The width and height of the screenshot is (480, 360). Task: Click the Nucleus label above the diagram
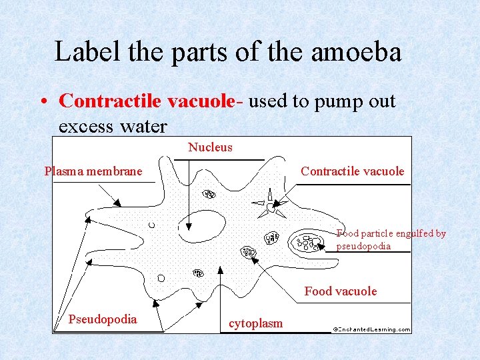(x=210, y=147)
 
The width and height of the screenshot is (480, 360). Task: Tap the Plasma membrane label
(x=93, y=171)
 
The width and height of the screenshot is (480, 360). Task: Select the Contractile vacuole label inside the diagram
(x=352, y=171)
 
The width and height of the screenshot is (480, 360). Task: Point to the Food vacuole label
(x=340, y=291)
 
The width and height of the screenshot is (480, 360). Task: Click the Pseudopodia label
(x=102, y=319)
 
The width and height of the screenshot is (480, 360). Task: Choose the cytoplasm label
(x=255, y=324)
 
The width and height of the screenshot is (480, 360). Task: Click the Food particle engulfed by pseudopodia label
(x=391, y=240)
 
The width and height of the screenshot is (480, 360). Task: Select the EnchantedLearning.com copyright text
(x=371, y=329)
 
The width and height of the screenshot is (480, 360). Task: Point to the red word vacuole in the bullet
(x=201, y=101)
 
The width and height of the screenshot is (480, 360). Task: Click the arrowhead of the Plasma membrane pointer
(x=117, y=203)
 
